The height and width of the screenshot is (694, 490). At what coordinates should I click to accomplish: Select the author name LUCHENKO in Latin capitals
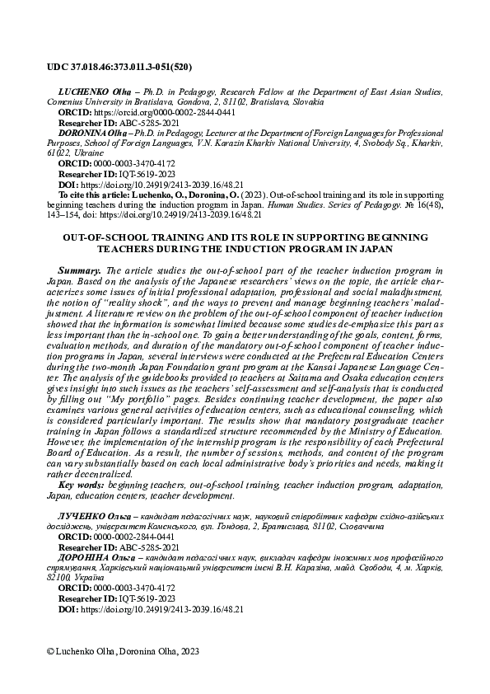pos(78,87)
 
